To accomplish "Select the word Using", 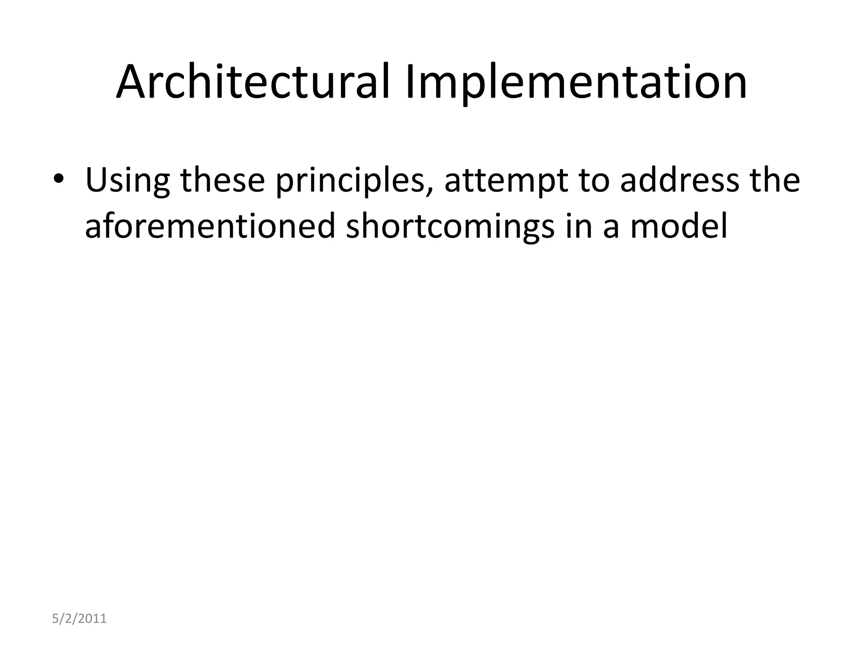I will [x=127, y=181].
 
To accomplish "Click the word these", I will [x=222, y=181].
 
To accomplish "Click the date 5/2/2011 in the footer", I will [x=79, y=619].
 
